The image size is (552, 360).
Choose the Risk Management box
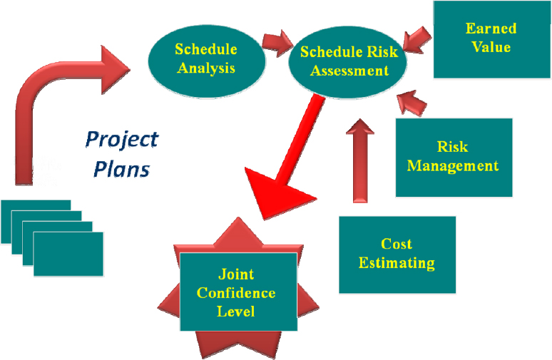pyautogui.click(x=453, y=157)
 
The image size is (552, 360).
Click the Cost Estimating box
pyautogui.click(x=397, y=254)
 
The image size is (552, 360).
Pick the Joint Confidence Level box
pyautogui.click(x=237, y=292)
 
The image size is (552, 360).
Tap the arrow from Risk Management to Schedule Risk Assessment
pyautogui.click(x=412, y=103)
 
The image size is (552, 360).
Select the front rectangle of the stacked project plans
pyautogui.click(x=68, y=254)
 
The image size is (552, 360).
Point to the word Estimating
pyautogui.click(x=397, y=263)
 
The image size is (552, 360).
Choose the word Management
pyautogui.click(x=453, y=166)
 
